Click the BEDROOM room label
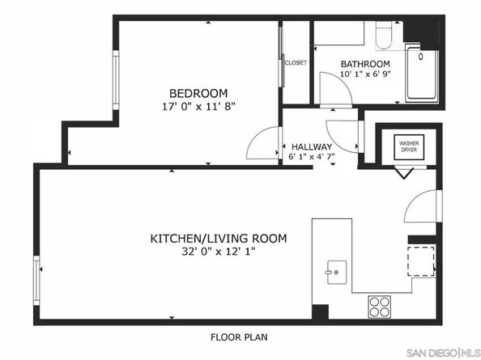click(198, 93)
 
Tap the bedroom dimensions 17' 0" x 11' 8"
click(198, 107)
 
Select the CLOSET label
click(296, 63)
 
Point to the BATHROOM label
click(365, 64)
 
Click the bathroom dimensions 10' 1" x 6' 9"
click(365, 74)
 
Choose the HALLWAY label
click(312, 146)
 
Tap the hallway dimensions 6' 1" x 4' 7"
click(312, 157)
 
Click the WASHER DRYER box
click(409, 147)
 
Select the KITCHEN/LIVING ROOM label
click(219, 239)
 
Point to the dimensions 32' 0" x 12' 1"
click(219, 252)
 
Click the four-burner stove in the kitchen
click(380, 307)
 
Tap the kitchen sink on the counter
click(337, 272)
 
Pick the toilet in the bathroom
click(384, 36)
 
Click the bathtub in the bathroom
click(422, 74)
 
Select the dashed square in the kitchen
click(420, 261)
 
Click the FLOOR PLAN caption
click(239, 337)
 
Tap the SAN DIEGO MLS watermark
click(443, 353)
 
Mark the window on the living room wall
click(36, 280)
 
